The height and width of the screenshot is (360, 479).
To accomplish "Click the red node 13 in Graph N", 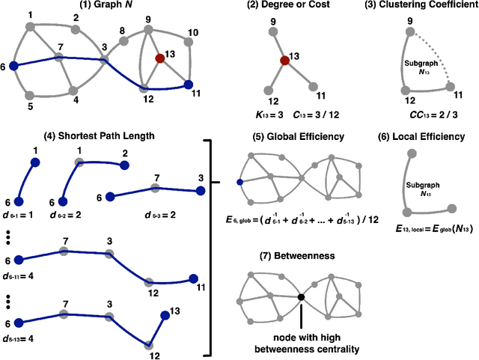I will [159, 58].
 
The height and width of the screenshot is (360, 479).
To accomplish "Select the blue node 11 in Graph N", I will [188, 85].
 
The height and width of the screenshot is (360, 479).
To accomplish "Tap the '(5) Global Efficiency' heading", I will [297, 137].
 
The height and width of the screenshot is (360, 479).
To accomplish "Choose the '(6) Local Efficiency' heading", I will [423, 137].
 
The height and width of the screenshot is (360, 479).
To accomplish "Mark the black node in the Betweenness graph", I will [300, 297].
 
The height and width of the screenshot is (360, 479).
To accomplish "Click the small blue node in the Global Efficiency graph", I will [239, 182].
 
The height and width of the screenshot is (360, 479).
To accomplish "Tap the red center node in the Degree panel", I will [284, 61].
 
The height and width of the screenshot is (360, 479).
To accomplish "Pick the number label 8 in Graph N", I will [122, 31].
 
